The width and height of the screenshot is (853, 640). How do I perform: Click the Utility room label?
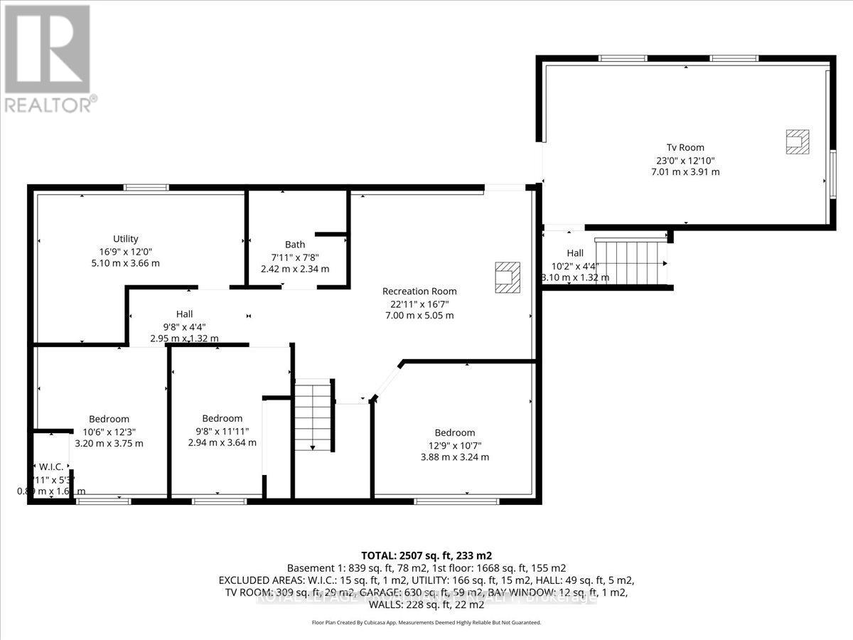tap(125, 239)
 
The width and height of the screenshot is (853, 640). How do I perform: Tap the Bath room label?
tap(295, 245)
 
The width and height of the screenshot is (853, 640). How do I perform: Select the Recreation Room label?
tap(419, 291)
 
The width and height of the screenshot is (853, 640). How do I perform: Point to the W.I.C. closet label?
tap(51, 466)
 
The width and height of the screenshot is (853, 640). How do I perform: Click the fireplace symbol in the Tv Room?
tap(797, 142)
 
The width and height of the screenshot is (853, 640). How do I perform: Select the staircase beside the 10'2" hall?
tap(631, 262)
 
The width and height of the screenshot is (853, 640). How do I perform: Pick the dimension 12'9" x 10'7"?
tap(455, 445)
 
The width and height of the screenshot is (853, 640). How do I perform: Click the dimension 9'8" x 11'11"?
tap(222, 430)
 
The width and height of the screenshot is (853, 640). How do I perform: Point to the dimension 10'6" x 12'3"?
tap(109, 431)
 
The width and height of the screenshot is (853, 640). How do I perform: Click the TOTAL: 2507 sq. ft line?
tap(426, 555)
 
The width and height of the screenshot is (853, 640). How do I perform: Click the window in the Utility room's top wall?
tap(146, 187)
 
